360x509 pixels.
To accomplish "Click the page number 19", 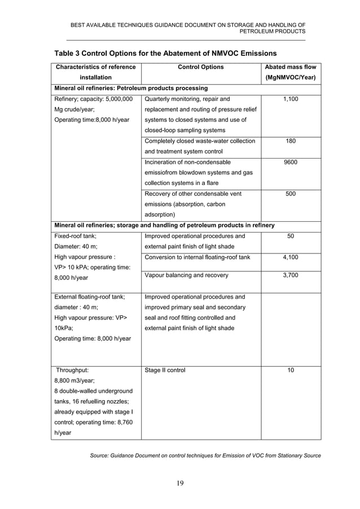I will pyautogui.click(x=180, y=482).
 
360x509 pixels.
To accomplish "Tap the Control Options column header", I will pyautogui.click(x=201, y=67).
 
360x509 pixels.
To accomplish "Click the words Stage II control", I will pyautogui.click(x=165, y=370).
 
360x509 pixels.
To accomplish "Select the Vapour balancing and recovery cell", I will pyautogui.click(x=186, y=275).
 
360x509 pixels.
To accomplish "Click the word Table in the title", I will pyautogui.click(x=66, y=53).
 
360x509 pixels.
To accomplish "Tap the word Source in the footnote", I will pyautogui.click(x=102, y=455).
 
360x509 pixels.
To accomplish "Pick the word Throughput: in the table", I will pyautogui.click(x=72, y=370).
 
